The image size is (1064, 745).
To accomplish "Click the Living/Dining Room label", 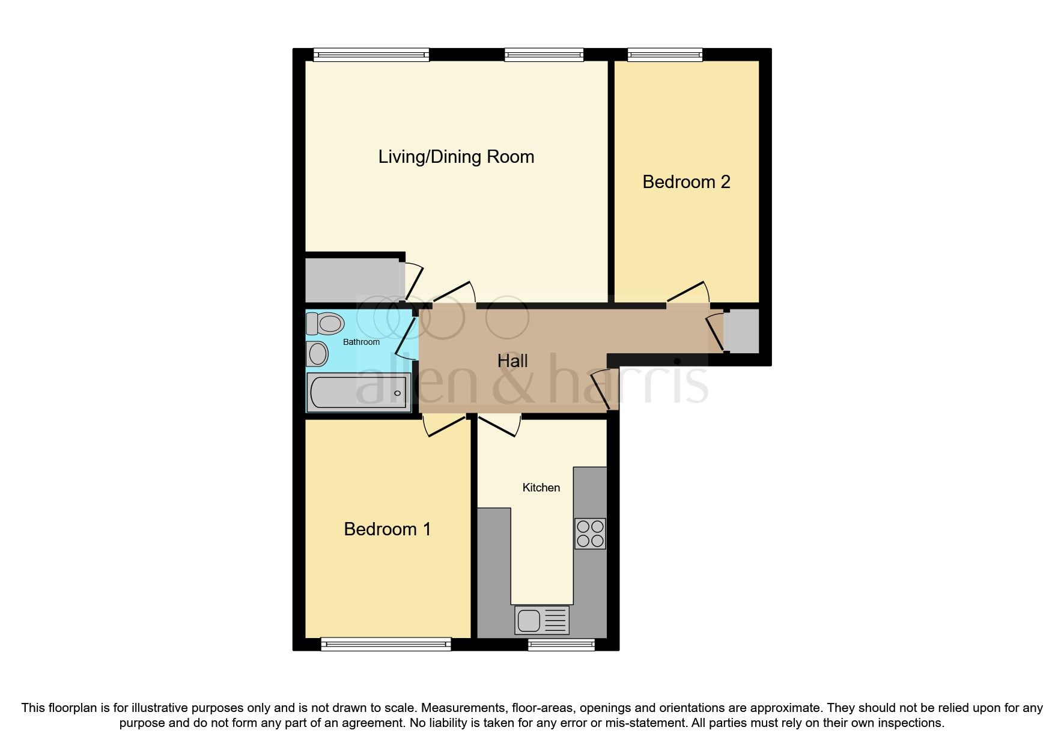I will [x=456, y=157].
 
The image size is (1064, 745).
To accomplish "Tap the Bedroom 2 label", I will [x=686, y=182].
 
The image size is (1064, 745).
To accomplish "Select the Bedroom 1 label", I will [x=387, y=529].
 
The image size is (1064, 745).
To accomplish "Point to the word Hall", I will [x=512, y=361].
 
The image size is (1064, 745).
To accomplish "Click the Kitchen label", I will [x=541, y=488].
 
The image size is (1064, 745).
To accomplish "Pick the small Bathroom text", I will [x=361, y=342].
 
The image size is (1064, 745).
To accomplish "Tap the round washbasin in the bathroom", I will [x=318, y=354].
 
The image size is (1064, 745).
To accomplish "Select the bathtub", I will [x=359, y=393].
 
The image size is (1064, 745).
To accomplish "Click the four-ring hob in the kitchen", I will [x=590, y=534].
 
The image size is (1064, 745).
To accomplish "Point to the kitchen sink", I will [x=541, y=620].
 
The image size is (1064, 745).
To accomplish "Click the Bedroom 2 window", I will [x=664, y=55].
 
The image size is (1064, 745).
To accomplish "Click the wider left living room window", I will [x=371, y=55].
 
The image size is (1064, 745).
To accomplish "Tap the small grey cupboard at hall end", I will [x=741, y=331].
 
